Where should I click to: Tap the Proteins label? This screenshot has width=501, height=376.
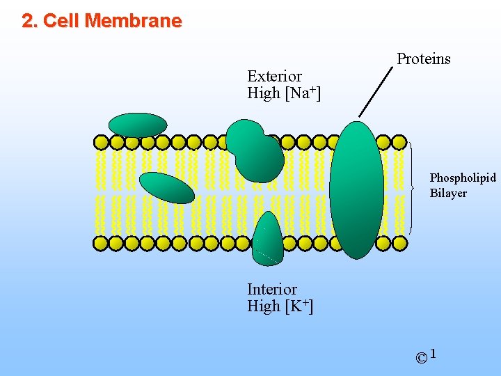(423, 59)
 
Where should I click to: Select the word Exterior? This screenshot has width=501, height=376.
(274, 76)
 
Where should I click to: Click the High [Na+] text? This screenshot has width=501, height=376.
(283, 93)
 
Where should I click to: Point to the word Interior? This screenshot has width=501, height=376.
(271, 289)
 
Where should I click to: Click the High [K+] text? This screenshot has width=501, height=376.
(280, 306)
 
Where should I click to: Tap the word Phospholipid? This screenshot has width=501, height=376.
(462, 178)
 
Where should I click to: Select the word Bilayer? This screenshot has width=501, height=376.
(447, 193)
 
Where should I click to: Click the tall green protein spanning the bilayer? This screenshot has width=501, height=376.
(357, 189)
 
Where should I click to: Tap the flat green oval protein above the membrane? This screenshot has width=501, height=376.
(138, 125)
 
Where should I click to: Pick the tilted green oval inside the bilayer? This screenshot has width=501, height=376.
(166, 187)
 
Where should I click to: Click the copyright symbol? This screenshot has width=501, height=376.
(421, 359)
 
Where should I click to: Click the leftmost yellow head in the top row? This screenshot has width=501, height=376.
(101, 143)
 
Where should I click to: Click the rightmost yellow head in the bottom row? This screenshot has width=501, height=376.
(399, 244)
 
